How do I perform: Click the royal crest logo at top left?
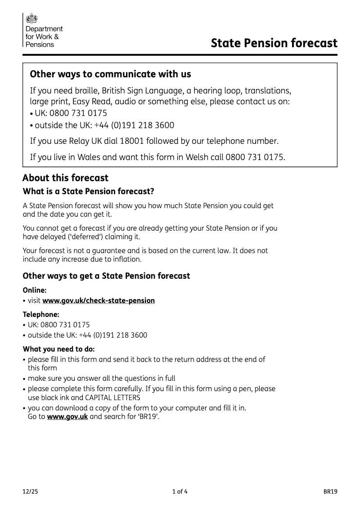point(32,18)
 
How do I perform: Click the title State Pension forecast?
point(274,43)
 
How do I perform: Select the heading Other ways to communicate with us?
point(110,74)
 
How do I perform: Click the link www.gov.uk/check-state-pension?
point(99,300)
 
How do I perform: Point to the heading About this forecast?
point(65,178)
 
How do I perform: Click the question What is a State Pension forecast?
point(89,192)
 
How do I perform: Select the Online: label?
point(35,290)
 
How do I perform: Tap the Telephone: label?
point(41,315)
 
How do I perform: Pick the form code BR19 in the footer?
point(330,492)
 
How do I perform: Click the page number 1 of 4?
point(180,492)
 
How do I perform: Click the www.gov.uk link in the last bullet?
point(67,417)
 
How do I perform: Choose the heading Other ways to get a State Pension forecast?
point(106,276)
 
